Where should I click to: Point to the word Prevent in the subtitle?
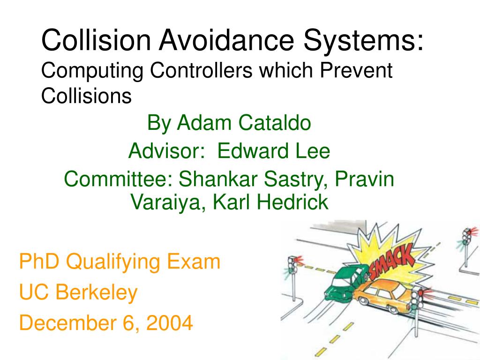(360, 71)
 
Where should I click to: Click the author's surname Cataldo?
(274, 123)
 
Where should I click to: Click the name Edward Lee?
(274, 151)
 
